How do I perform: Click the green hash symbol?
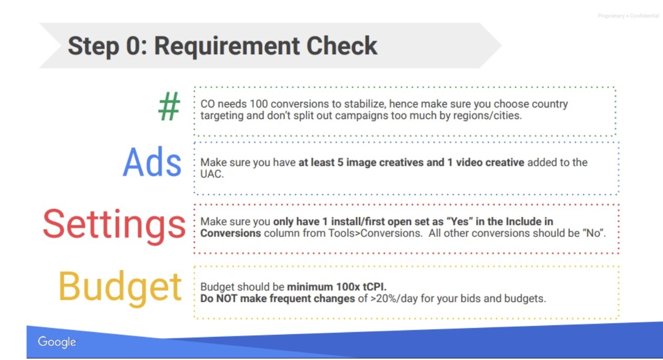pyautogui.click(x=169, y=106)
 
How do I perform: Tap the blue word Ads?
pyautogui.click(x=152, y=162)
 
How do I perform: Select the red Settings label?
pyautogui.click(x=114, y=225)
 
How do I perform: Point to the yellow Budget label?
pyautogui.click(x=120, y=288)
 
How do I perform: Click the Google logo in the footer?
pyautogui.click(x=57, y=342)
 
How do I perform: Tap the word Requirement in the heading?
pyautogui.click(x=227, y=46)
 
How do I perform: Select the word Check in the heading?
pyautogui.click(x=342, y=46)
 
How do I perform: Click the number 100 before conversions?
pyautogui.click(x=259, y=104)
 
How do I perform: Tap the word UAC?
pyautogui.click(x=212, y=174)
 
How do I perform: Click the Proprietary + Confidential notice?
pyautogui.click(x=628, y=16)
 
